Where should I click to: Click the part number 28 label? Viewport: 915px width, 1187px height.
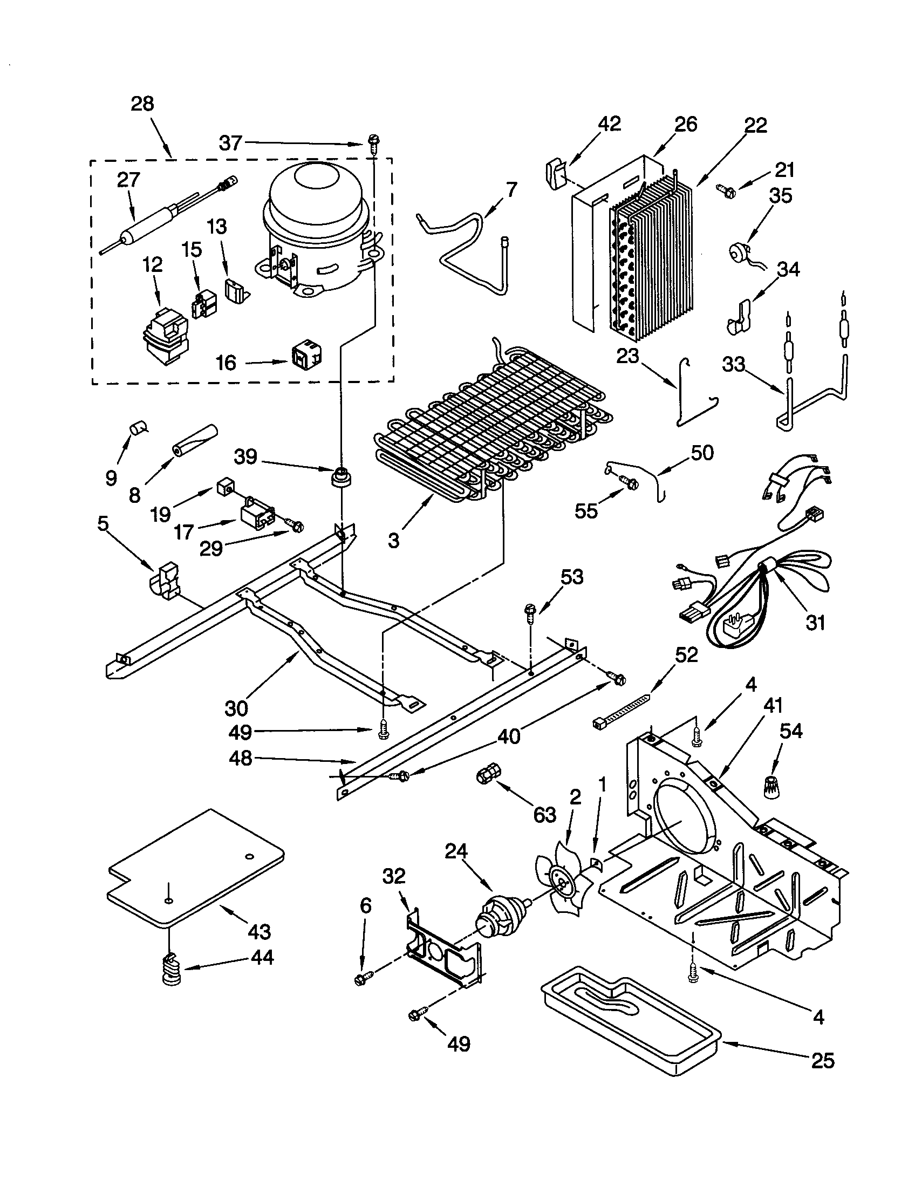[x=142, y=103]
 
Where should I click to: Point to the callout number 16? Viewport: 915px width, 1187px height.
[x=226, y=363]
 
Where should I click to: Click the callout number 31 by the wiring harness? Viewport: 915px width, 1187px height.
[x=815, y=622]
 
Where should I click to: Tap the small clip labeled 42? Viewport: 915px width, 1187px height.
[x=554, y=173]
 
